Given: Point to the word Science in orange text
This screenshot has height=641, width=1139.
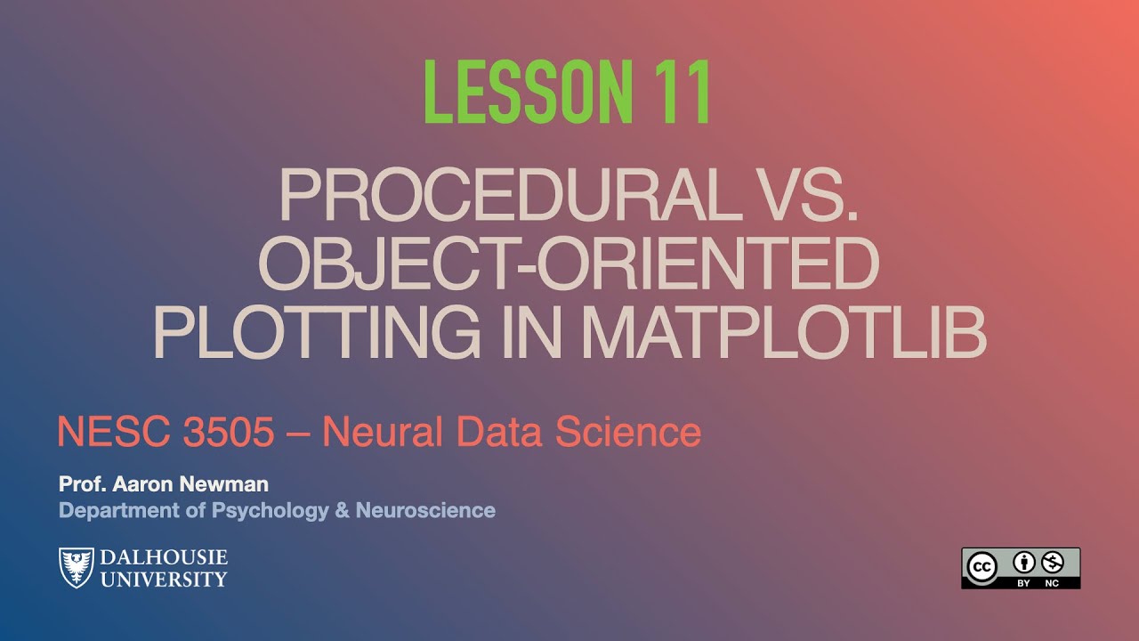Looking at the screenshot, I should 628,433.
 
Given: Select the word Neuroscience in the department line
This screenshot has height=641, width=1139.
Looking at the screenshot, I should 425,510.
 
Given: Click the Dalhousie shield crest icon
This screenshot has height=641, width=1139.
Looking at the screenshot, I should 76,567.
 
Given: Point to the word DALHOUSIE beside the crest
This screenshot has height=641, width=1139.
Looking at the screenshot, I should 163,558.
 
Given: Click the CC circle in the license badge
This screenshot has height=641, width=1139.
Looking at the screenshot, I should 982,567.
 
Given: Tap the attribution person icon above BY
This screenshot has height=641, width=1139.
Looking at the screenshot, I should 1024,562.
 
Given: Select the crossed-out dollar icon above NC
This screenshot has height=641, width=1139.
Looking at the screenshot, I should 1053,562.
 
